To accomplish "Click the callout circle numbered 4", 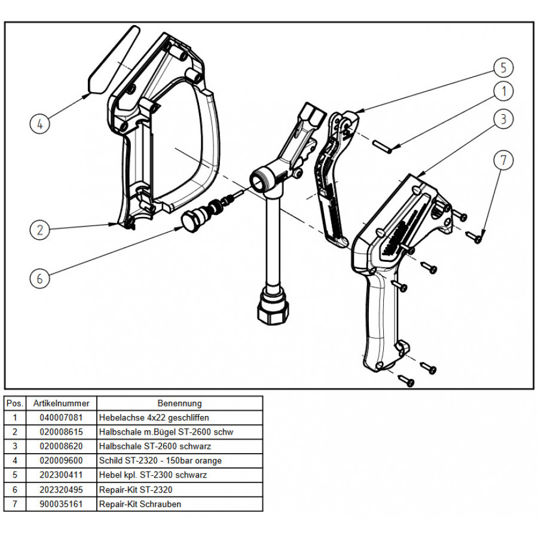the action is [40, 124].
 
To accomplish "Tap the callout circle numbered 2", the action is [40, 230].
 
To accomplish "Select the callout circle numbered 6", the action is [40, 278].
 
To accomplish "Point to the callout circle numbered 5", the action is [503, 68].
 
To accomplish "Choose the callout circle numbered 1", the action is [503, 91].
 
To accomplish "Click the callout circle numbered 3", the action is [503, 119].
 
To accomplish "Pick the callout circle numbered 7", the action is [503, 160].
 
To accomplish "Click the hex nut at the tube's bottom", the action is [273, 309].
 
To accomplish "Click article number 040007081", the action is [61, 418].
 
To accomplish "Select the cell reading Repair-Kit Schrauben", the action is [140, 504].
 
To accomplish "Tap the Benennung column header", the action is [179, 403].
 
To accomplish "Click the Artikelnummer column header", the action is [61, 403].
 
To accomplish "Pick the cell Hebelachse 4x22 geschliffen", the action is [154, 418].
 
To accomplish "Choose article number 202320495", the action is [61, 490].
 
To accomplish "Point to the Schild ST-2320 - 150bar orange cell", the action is [160, 460].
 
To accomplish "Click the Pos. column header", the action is [15, 403].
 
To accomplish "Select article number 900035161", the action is [61, 504].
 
